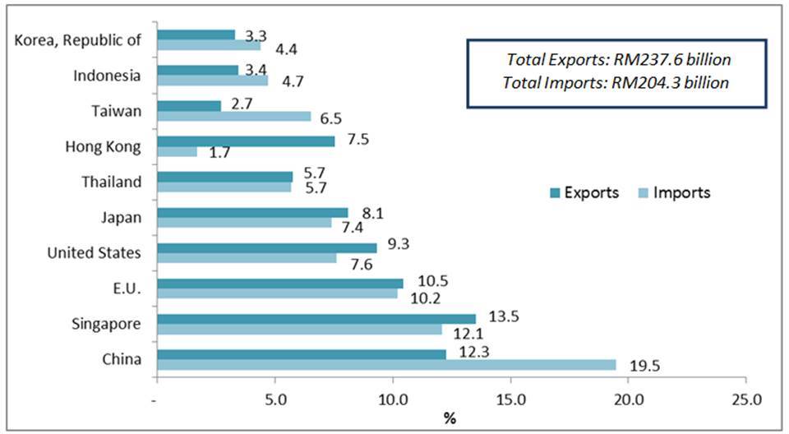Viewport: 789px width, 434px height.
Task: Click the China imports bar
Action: coord(386,364)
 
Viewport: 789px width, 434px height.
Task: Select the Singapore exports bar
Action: coord(316,318)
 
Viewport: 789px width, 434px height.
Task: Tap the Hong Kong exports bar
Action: coord(246,141)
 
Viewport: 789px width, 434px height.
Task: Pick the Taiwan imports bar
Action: coord(234,116)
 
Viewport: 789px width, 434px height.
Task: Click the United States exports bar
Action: coord(267,247)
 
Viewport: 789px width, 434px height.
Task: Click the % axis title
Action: coord(450,419)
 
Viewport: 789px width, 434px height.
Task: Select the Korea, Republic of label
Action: coord(79,39)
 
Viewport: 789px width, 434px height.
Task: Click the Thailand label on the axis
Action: coord(111,182)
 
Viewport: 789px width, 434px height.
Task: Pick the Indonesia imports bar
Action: coord(212,81)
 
